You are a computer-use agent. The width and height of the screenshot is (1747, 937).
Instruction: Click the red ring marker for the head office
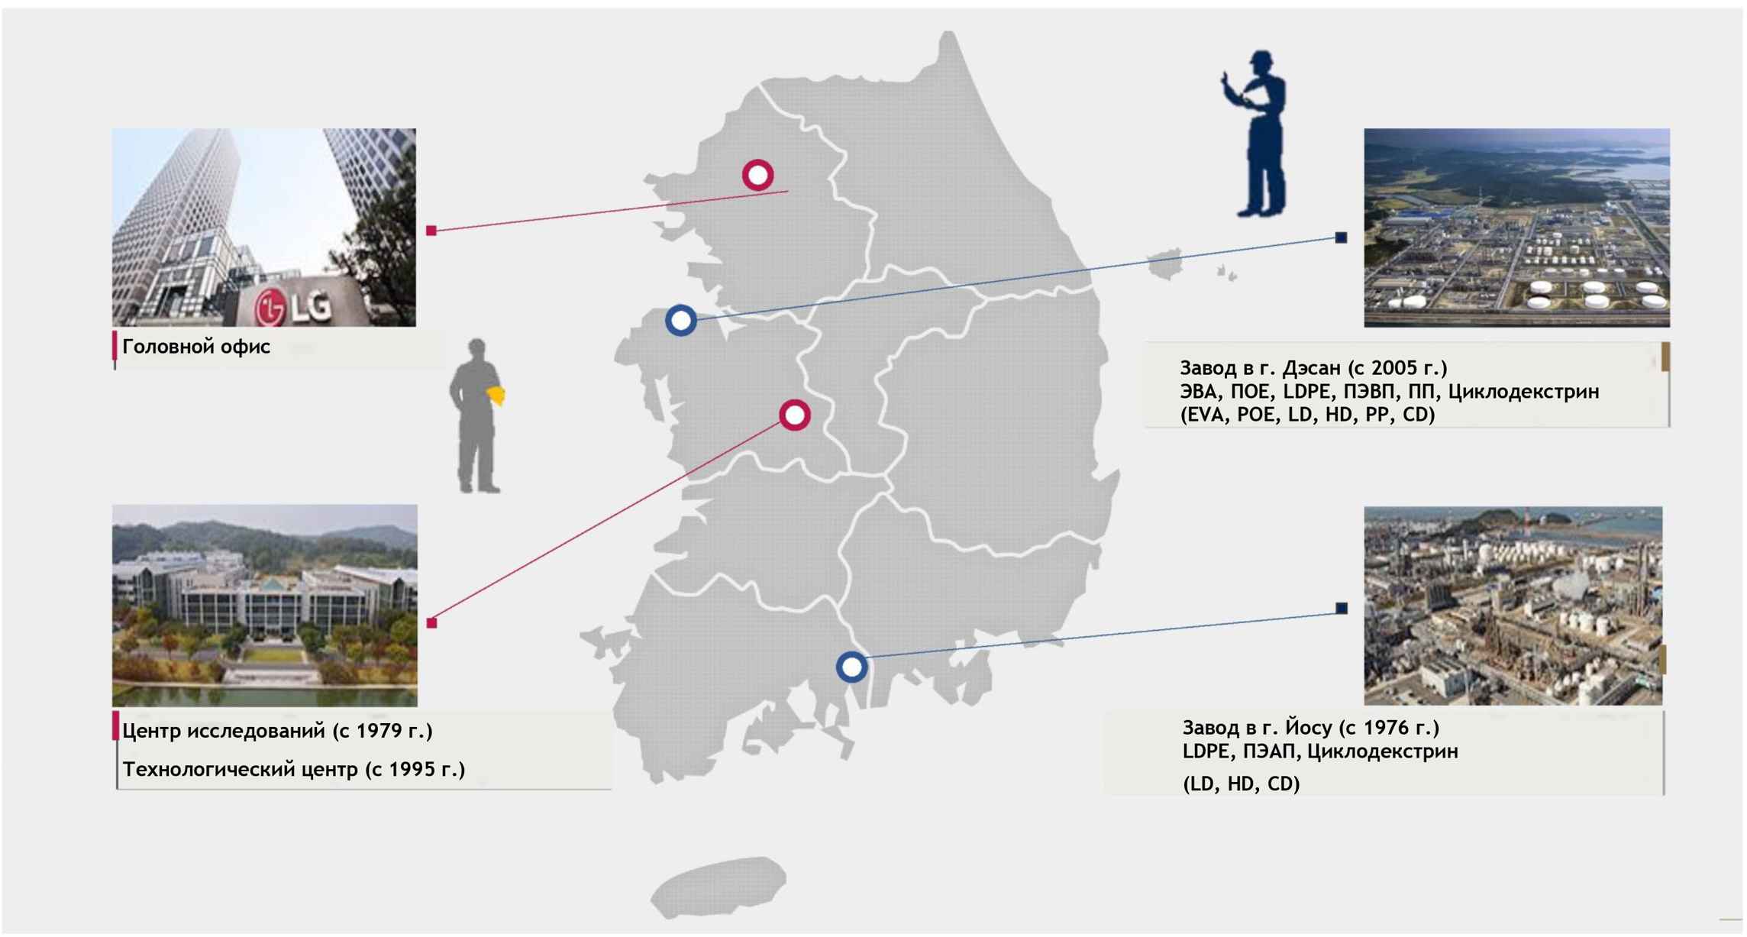pos(757,175)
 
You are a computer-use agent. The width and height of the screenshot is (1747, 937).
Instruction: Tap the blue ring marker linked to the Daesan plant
pos(680,320)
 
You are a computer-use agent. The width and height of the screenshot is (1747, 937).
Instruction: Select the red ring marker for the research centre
pos(794,415)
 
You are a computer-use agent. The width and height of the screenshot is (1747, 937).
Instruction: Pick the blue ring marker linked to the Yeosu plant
pos(851,667)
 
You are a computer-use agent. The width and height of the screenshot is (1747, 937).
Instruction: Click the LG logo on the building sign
pos(294,307)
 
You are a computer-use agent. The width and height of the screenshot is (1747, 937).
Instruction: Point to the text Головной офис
pos(196,347)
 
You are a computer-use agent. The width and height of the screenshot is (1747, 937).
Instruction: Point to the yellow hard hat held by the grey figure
pos(497,395)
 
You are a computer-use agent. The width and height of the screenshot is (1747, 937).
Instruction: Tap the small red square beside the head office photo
pos(431,231)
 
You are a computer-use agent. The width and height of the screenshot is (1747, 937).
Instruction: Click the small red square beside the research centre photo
pos(432,623)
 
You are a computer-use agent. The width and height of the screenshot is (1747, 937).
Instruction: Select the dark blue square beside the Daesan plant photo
pos(1341,237)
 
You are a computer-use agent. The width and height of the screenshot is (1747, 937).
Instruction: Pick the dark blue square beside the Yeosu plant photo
pos(1342,608)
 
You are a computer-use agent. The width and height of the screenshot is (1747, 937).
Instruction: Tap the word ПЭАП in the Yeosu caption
pos(1270,751)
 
